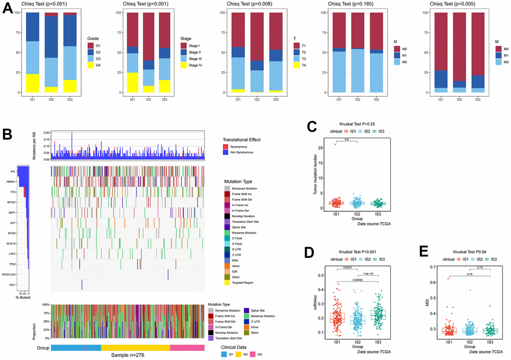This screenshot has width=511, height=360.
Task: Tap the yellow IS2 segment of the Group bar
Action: [135, 347]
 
